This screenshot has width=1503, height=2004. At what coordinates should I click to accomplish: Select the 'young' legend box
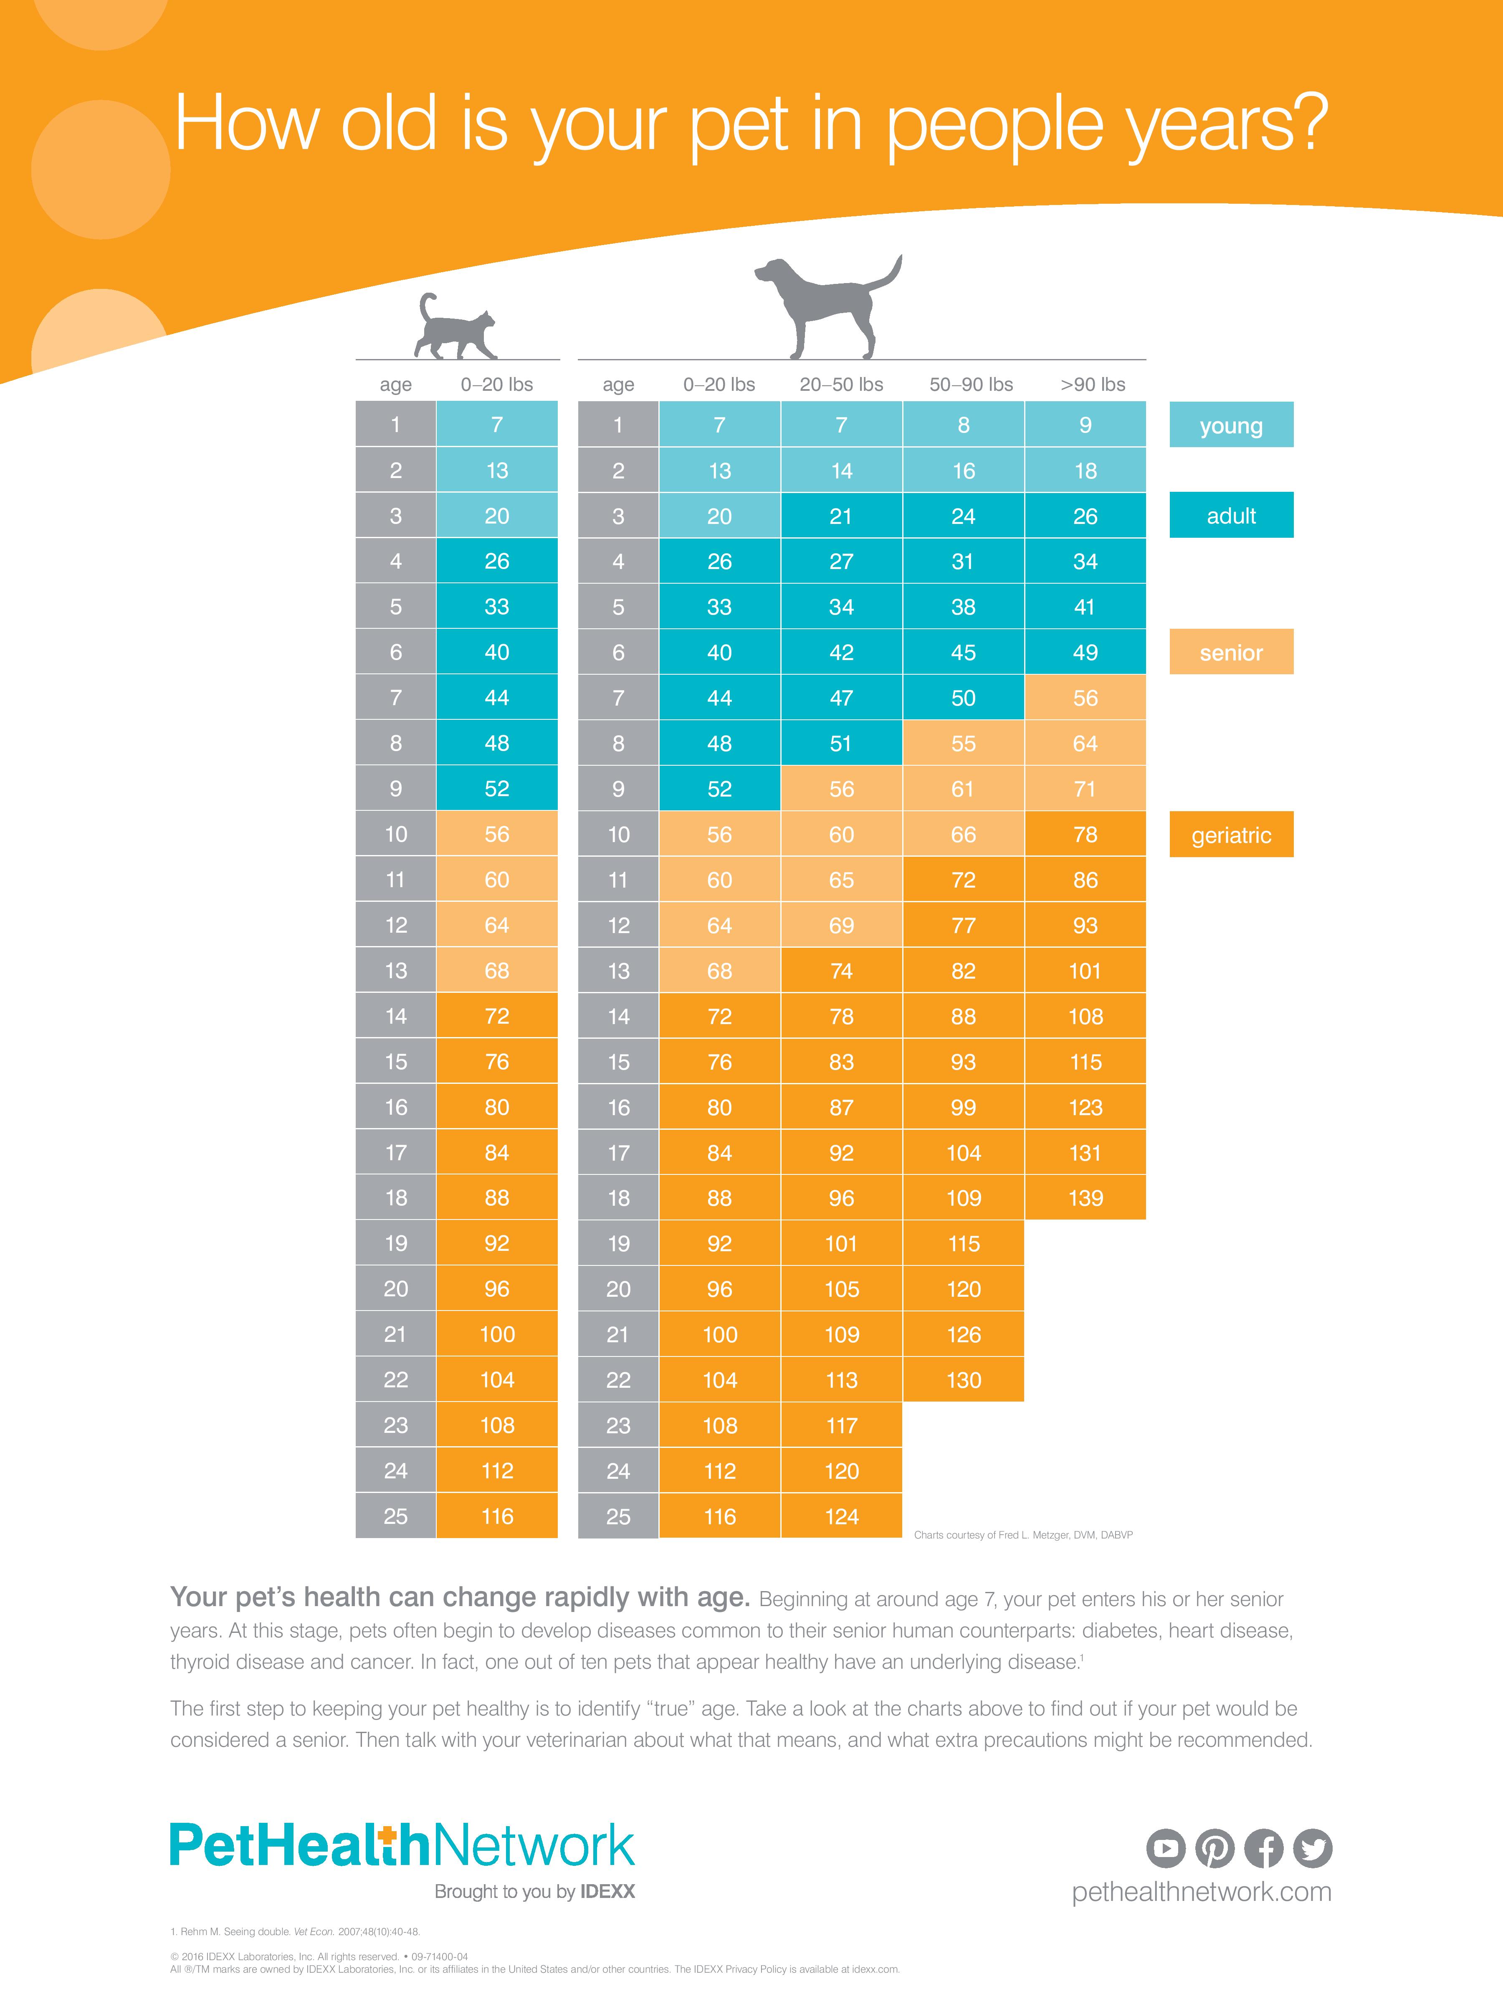[x=1231, y=425]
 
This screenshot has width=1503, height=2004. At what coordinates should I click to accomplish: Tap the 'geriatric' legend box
[x=1231, y=835]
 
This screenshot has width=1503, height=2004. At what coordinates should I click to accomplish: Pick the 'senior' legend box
[x=1231, y=652]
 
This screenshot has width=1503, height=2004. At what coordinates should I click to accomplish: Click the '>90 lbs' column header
[x=1093, y=384]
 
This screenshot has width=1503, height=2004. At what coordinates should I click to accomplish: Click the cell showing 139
[x=1085, y=1198]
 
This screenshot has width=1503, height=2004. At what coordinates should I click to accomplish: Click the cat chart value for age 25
[x=496, y=1516]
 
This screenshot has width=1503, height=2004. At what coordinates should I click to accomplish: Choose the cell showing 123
[x=1085, y=1107]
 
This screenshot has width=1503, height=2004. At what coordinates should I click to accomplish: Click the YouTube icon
[x=1166, y=1848]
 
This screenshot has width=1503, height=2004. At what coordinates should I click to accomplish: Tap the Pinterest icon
[x=1215, y=1848]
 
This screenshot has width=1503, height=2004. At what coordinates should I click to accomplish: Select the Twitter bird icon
[x=1313, y=1848]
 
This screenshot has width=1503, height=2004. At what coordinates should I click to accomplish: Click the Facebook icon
[x=1264, y=1848]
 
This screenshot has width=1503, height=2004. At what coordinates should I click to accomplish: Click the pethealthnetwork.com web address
[x=1201, y=1893]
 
